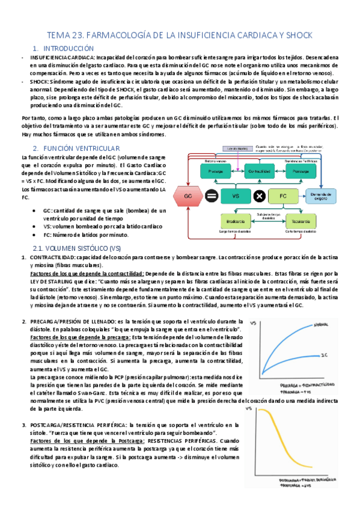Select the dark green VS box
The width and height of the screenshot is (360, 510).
pos(235,196)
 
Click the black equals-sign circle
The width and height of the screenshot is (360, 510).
pos(212,196)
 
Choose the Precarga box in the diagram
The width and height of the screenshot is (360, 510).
pos(216,171)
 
